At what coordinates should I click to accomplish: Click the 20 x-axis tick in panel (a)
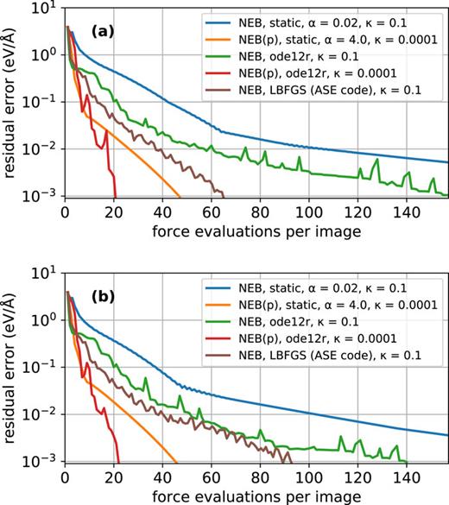point(113,211)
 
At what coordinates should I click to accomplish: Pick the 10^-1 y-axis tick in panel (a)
point(41,101)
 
